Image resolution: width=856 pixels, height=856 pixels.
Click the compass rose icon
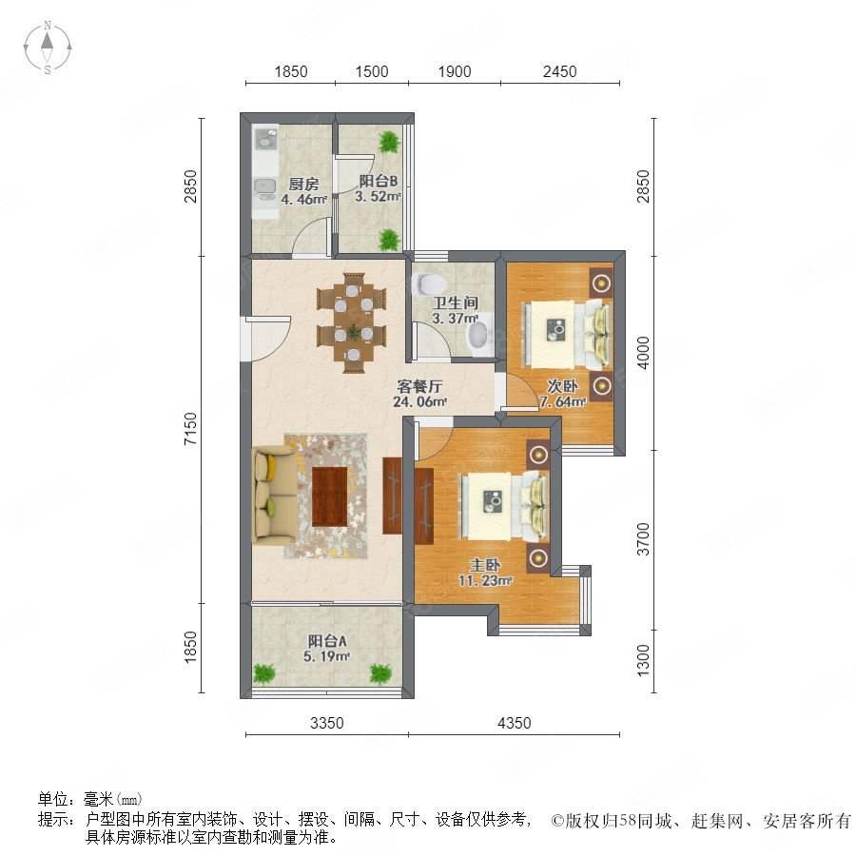48,48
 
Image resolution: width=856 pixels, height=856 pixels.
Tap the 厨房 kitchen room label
303,184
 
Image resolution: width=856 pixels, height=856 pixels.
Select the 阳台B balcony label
378,182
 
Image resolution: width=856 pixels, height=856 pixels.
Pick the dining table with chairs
352,323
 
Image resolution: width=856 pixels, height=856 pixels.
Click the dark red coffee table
330,496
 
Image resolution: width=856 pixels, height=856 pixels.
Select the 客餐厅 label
419,386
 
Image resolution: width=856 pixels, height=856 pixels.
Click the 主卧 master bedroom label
485,565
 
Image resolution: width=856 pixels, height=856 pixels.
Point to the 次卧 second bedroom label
562,386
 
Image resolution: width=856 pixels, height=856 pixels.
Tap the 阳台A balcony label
327,640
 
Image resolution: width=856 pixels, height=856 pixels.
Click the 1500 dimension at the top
372,71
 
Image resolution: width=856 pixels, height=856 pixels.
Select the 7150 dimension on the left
190,429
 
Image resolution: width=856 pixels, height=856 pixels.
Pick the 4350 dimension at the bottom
515,723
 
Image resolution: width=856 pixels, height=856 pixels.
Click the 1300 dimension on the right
644,660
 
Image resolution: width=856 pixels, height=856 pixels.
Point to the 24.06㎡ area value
420,401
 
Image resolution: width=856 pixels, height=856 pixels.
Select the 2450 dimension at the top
559,71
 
